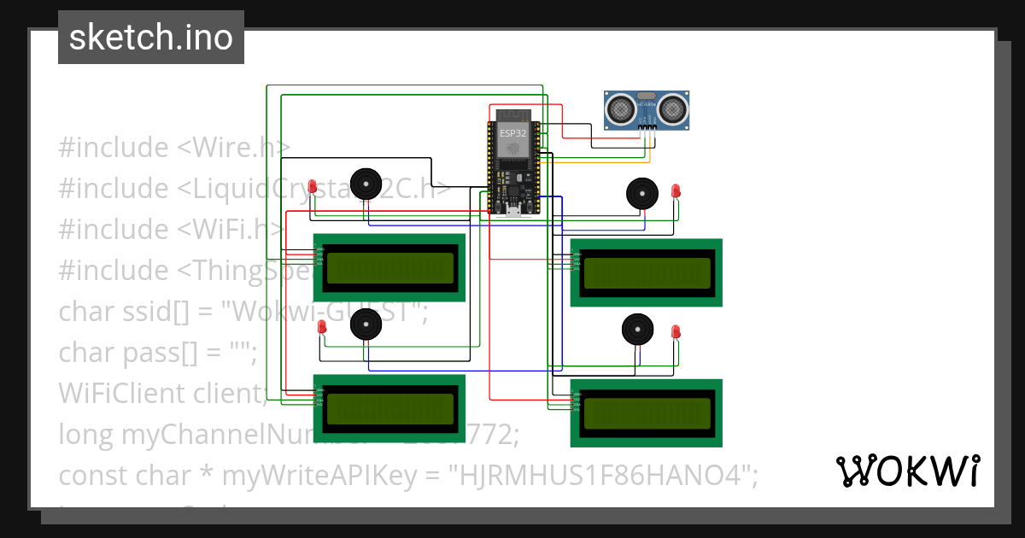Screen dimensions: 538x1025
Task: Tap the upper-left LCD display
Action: click(389, 267)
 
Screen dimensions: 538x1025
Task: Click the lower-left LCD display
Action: click(389, 408)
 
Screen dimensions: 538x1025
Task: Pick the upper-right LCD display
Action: click(647, 272)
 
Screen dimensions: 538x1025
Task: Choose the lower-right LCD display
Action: click(647, 413)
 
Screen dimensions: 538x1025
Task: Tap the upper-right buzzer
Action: click(641, 192)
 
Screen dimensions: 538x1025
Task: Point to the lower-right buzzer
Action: click(636, 329)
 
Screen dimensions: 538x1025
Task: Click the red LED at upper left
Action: click(313, 186)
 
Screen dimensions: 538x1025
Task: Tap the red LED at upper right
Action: click(676, 190)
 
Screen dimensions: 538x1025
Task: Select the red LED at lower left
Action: click(322, 327)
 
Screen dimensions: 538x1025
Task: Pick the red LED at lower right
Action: click(676, 331)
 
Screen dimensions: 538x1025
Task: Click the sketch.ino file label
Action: click(151, 38)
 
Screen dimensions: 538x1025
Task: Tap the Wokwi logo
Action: click(907, 471)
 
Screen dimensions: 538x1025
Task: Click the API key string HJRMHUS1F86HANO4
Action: click(608, 476)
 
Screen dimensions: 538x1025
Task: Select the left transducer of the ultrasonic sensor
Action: click(620, 108)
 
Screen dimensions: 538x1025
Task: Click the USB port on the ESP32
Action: click(513, 212)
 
